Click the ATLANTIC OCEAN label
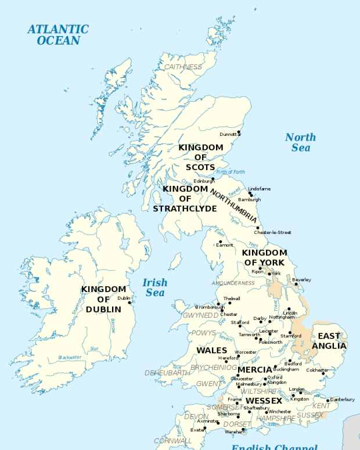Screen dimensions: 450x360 click(x=58, y=34)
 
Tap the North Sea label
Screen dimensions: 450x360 click(x=300, y=142)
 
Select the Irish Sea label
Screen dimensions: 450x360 click(x=155, y=287)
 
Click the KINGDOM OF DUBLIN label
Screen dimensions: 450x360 click(x=103, y=299)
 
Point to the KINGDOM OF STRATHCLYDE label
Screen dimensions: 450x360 click(x=185, y=199)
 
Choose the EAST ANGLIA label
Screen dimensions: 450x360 click(x=329, y=341)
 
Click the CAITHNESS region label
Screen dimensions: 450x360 click(x=183, y=67)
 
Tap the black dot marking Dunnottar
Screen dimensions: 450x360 click(x=239, y=132)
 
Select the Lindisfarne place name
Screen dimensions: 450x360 click(x=259, y=189)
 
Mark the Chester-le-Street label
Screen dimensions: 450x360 click(x=272, y=232)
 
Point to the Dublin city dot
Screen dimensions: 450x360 click(x=130, y=302)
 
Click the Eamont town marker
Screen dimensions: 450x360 click(x=220, y=242)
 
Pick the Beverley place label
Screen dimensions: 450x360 click(x=301, y=279)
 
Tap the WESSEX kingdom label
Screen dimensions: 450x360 click(x=264, y=401)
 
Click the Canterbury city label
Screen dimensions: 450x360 click(x=342, y=399)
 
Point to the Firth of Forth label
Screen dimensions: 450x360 click(x=230, y=172)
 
